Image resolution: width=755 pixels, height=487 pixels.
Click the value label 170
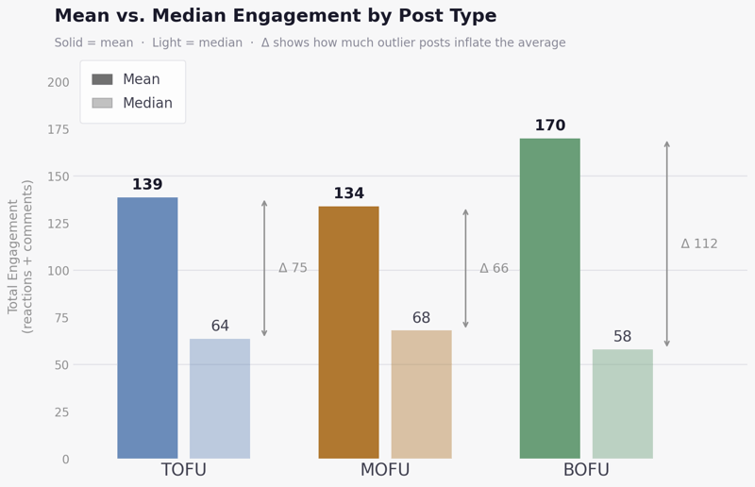pyautogui.click(x=549, y=126)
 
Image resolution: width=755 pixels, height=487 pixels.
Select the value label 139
pyautogui.click(x=147, y=185)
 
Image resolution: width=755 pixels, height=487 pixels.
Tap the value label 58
pyautogui.click(x=622, y=337)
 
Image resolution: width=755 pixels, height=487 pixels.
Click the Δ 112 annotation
pyautogui.click(x=699, y=243)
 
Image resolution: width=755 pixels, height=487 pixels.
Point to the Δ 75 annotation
pyautogui.click(x=293, y=268)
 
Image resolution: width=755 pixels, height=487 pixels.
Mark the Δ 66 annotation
pyautogui.click(x=494, y=268)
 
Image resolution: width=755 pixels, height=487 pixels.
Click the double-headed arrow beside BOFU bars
pyautogui.click(x=666, y=243)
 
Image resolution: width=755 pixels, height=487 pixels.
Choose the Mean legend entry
pyautogui.click(x=132, y=80)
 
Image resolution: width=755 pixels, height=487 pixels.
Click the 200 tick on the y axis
pyautogui.click(x=59, y=82)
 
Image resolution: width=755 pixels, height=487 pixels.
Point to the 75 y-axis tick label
pyautogui.click(x=62, y=318)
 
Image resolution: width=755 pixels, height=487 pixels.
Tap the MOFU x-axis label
pyautogui.click(x=385, y=470)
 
